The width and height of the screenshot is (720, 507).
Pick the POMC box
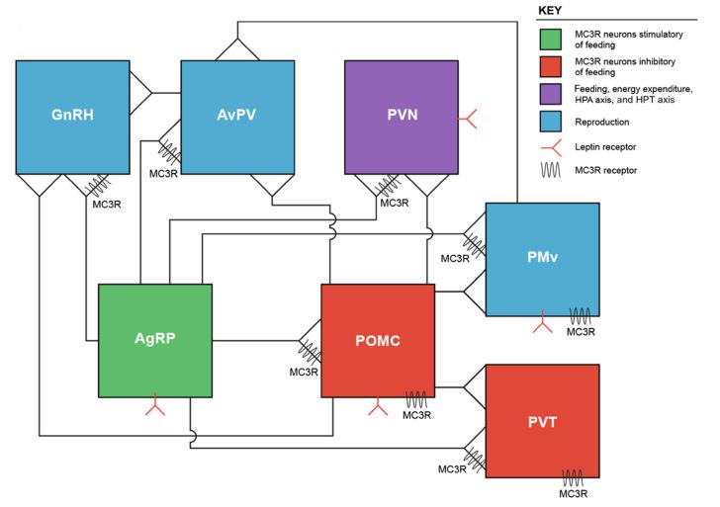[x=378, y=340]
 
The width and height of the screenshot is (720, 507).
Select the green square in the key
[x=549, y=40]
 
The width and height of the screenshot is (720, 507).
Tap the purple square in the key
[x=549, y=95]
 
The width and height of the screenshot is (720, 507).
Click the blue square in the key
[x=549, y=123]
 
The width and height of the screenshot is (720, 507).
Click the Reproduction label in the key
[x=602, y=123]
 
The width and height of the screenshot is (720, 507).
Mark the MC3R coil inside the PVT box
[x=574, y=477]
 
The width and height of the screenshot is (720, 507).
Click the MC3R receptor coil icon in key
[x=549, y=169]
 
